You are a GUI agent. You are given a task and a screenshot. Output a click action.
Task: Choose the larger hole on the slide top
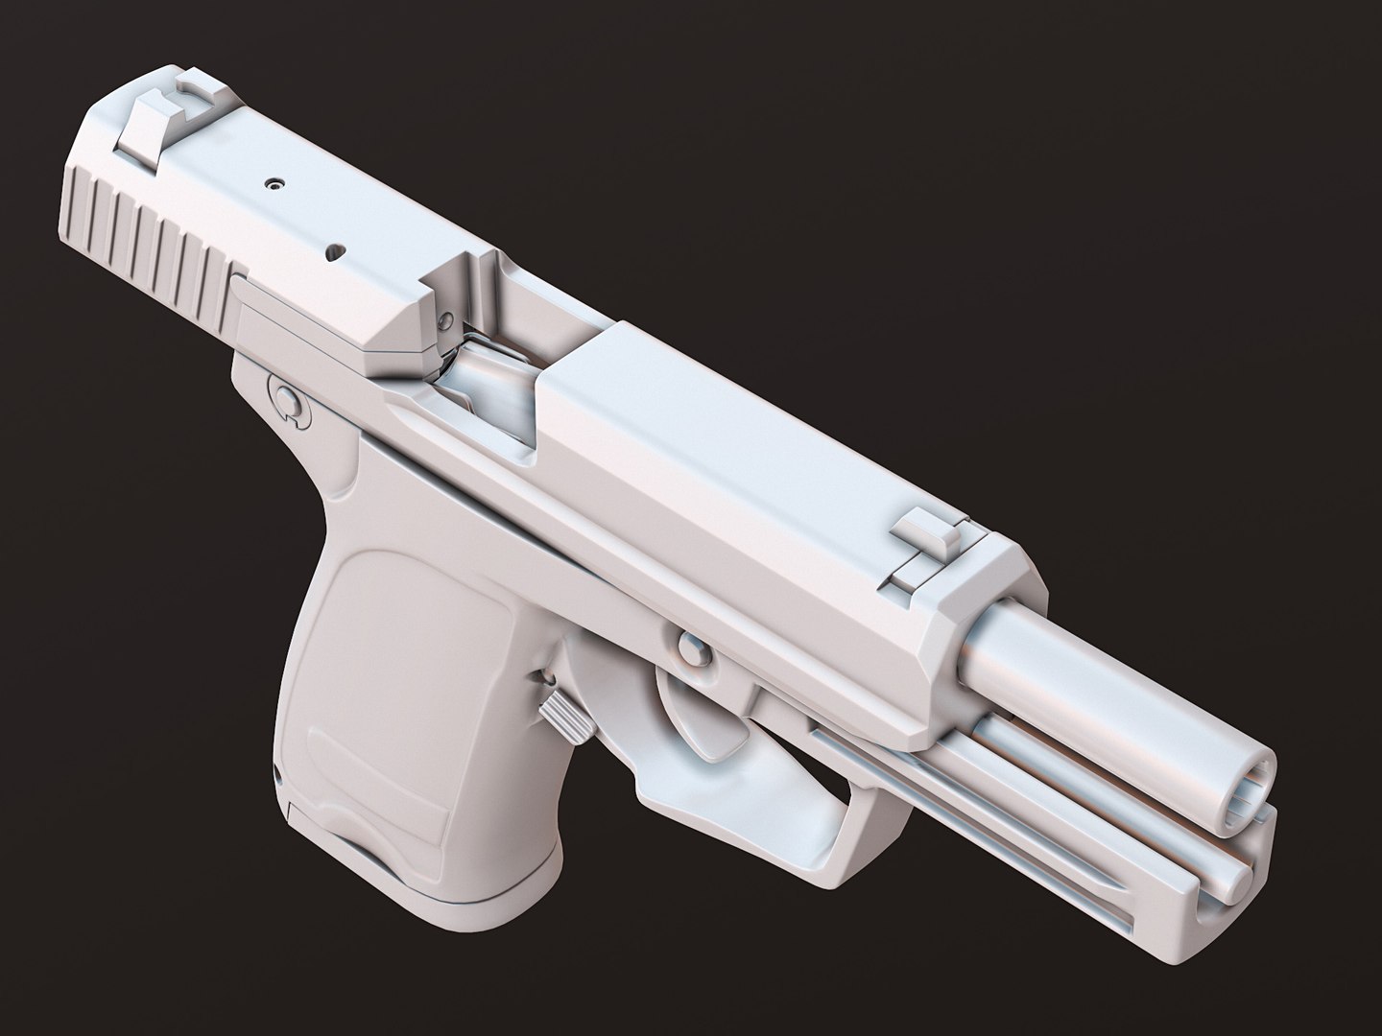coord(335,250)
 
